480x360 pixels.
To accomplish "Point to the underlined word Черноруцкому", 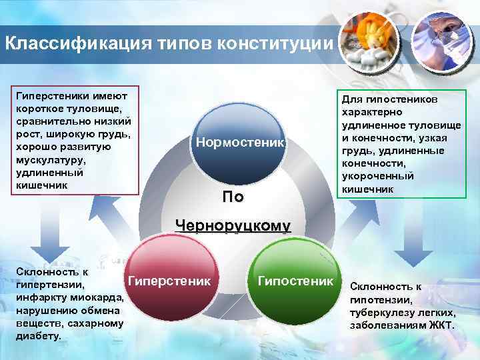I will [233, 225].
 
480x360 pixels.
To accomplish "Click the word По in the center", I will [233, 197].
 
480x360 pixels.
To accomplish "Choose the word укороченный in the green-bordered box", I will [378, 176].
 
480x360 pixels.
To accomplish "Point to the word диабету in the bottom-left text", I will [37, 336].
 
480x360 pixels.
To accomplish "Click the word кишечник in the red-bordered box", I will [41, 185].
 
